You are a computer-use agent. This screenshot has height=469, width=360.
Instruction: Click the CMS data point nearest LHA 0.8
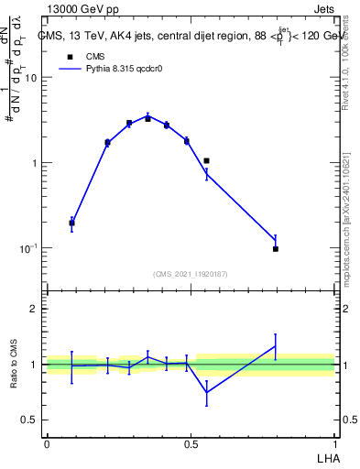click(x=276, y=248)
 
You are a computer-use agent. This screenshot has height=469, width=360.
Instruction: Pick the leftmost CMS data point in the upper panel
click(x=72, y=223)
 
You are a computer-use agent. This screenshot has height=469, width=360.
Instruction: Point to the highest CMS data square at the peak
click(x=147, y=118)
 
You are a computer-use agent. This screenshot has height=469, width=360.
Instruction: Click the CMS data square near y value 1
click(x=207, y=161)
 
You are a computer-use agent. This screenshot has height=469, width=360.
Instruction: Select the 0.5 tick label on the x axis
click(x=191, y=444)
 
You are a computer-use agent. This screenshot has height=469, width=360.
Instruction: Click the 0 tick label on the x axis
click(x=47, y=444)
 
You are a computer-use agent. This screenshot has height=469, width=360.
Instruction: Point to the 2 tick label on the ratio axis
click(x=35, y=309)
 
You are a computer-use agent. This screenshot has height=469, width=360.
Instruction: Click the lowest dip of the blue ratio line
click(x=207, y=392)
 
